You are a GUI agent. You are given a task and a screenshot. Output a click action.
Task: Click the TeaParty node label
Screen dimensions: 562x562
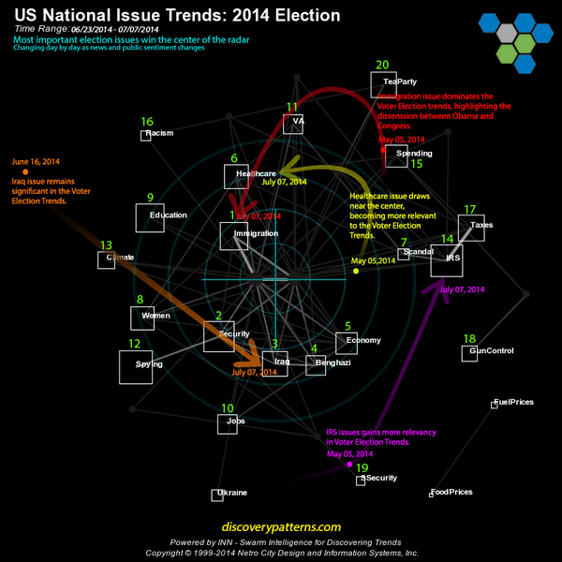click(400, 81)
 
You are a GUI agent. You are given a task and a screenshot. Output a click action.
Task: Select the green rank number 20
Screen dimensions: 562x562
click(381, 65)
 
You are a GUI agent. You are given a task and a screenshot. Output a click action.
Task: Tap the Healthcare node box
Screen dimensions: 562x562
click(237, 176)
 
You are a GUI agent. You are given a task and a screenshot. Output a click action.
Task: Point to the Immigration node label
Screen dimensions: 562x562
click(256, 232)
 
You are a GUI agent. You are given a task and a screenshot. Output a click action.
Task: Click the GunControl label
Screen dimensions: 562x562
click(492, 351)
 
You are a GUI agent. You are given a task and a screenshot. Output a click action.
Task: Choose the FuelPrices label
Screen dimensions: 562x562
click(514, 402)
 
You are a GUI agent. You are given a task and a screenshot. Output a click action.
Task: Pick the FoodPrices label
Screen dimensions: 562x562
click(451, 492)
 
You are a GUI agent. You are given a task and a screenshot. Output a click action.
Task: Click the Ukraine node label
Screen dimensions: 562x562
click(232, 493)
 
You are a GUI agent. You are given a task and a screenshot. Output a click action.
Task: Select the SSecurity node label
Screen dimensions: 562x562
click(379, 478)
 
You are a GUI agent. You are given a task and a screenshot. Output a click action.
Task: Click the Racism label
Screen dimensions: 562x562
click(160, 134)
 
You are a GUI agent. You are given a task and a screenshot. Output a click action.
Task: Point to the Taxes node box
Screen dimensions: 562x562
click(471, 229)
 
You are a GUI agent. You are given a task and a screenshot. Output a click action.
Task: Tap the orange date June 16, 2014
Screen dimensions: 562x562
click(36, 161)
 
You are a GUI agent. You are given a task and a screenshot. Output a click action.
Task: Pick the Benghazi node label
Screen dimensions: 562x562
click(333, 362)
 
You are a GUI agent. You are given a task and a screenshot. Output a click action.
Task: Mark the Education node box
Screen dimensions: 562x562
click(150, 218)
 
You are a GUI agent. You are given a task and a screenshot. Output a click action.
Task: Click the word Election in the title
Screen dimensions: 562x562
click(309, 16)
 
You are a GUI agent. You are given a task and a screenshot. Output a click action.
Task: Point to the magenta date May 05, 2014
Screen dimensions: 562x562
click(350, 454)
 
